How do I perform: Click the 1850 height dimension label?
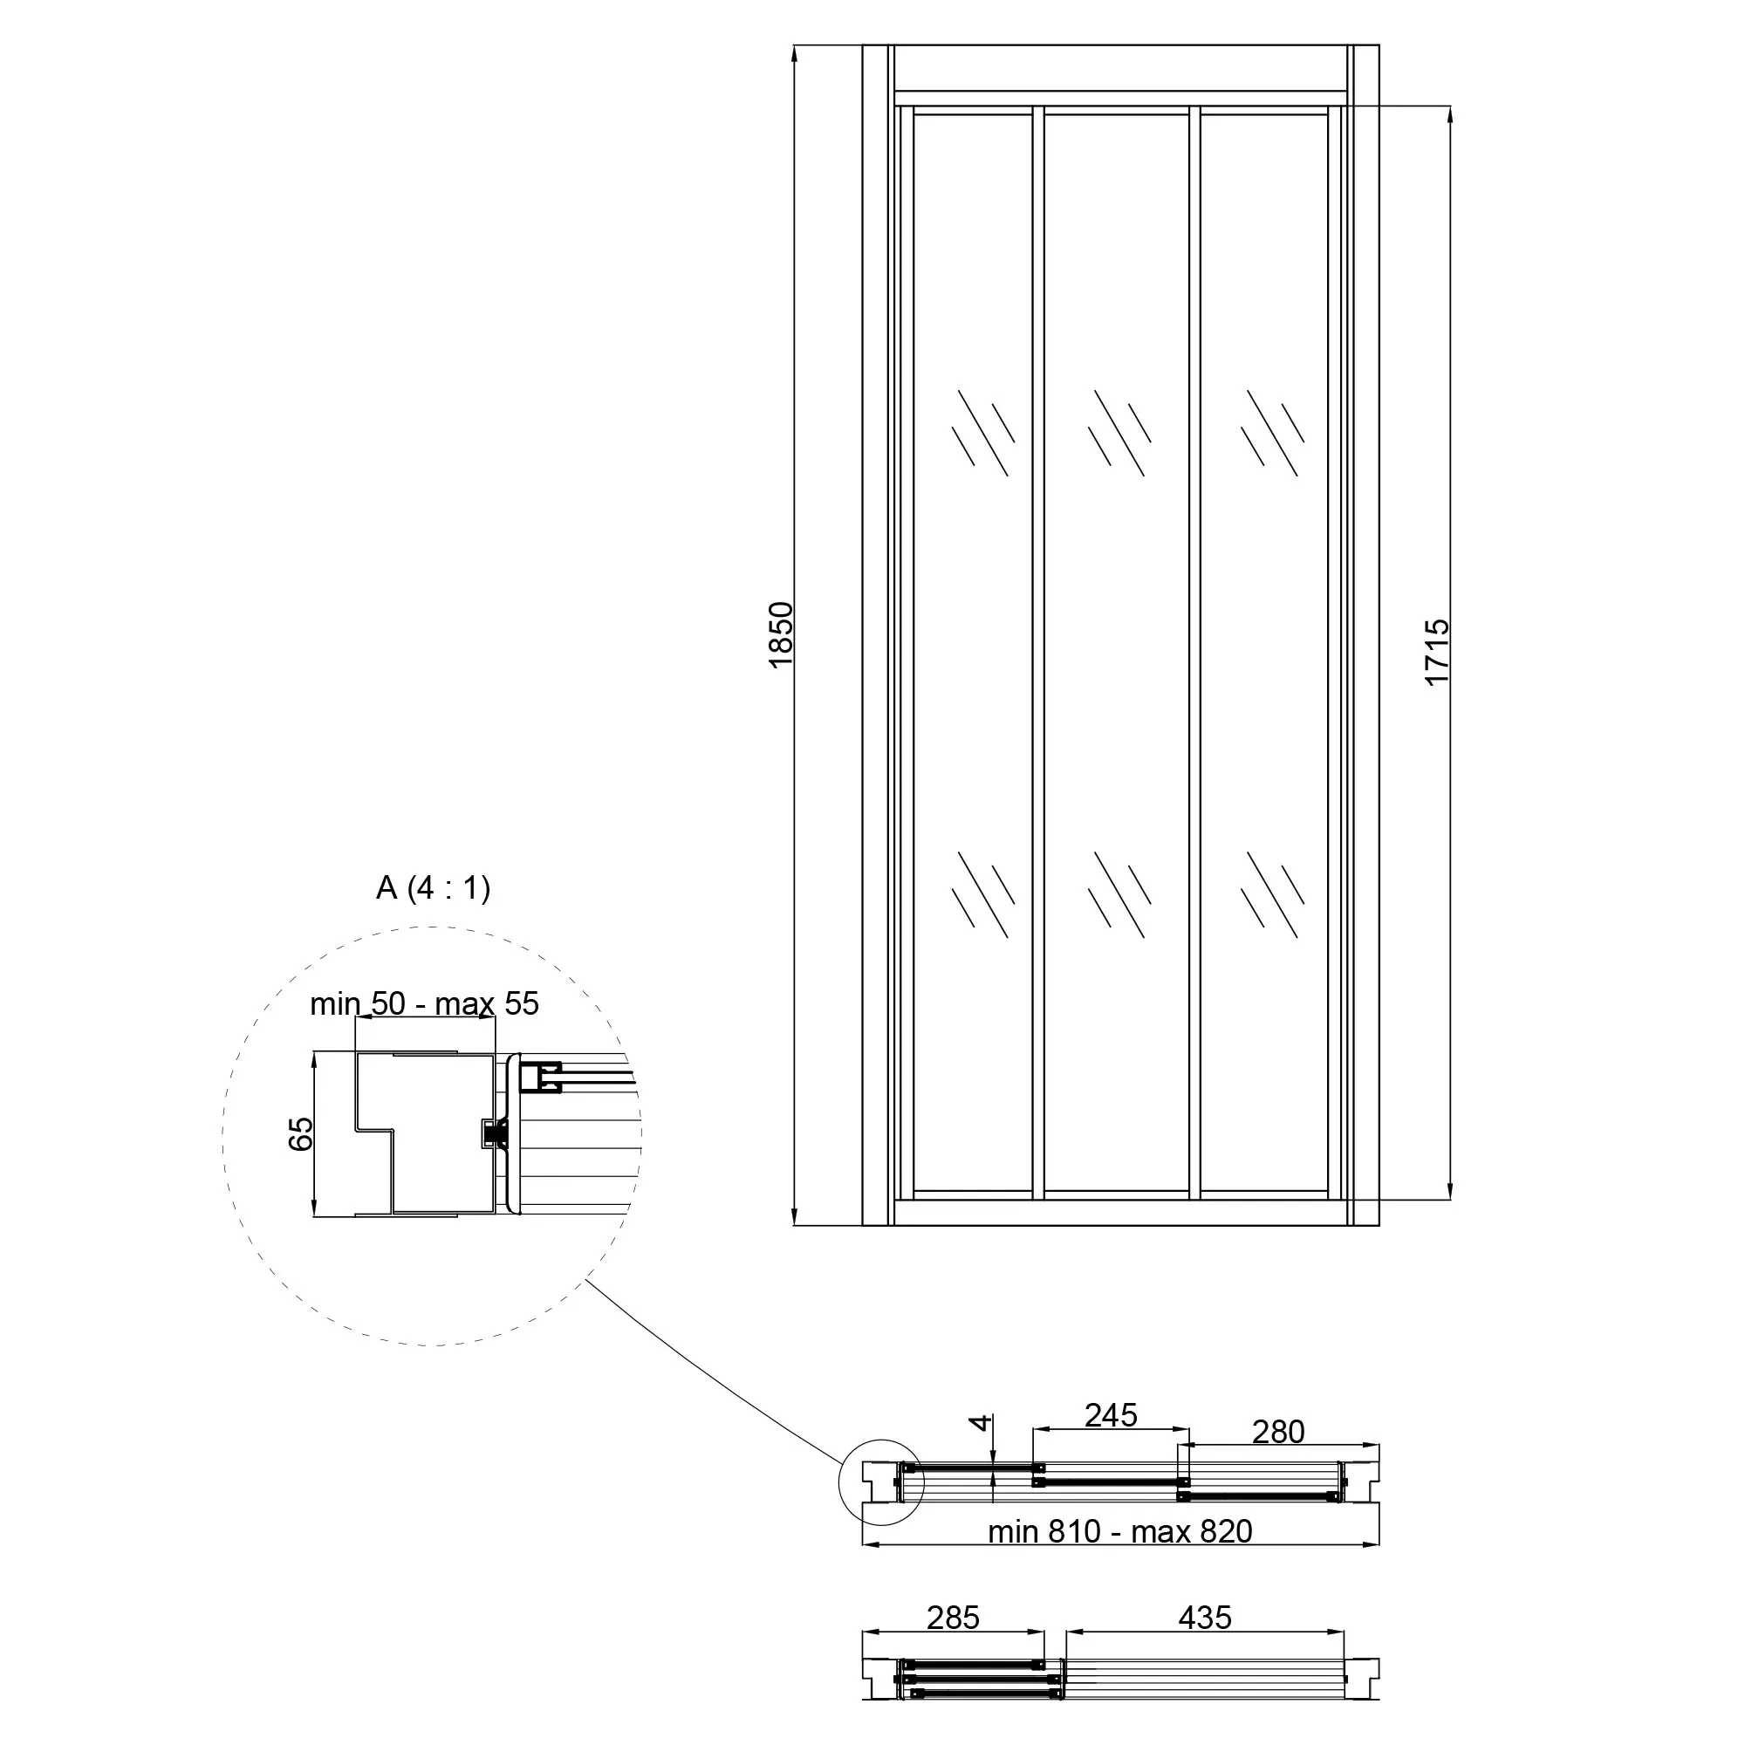click(780, 635)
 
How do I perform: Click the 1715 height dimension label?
click(1437, 652)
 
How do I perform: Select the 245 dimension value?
click(1111, 1415)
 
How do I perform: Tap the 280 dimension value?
click(1278, 1432)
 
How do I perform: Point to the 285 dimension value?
click(953, 1618)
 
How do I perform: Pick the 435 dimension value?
click(1205, 1618)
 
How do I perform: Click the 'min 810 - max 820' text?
click(1120, 1532)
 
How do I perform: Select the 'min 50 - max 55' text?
click(425, 1003)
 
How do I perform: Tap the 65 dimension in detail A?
click(301, 1133)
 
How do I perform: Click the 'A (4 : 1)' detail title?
click(434, 888)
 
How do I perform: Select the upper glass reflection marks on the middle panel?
click(1119, 433)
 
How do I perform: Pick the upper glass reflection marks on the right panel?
click(1273, 433)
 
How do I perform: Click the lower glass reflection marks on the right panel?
click(1273, 894)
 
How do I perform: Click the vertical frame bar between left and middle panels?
click(1038, 653)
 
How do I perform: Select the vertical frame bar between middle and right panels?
click(1194, 653)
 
